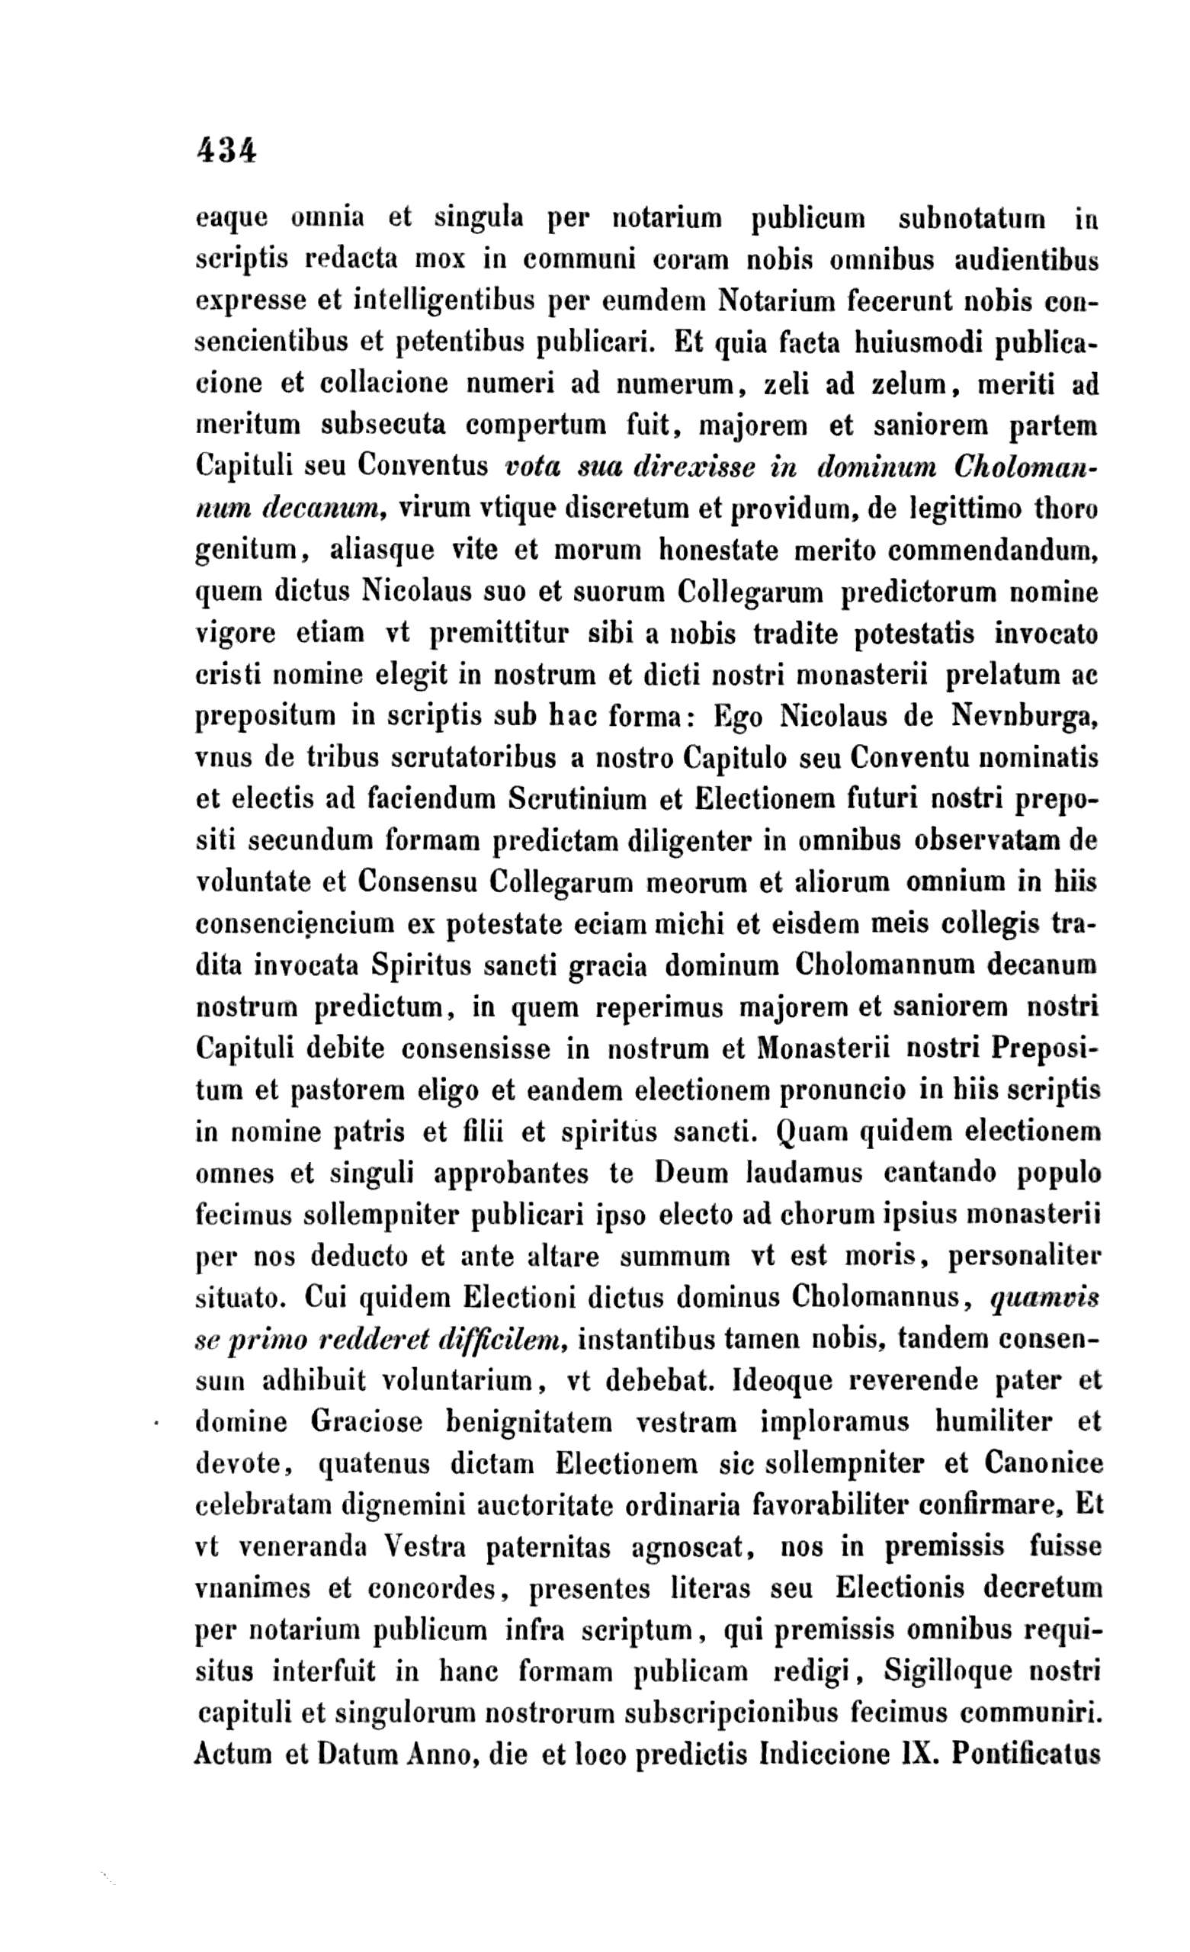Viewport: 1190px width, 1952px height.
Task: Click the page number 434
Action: tap(226, 149)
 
